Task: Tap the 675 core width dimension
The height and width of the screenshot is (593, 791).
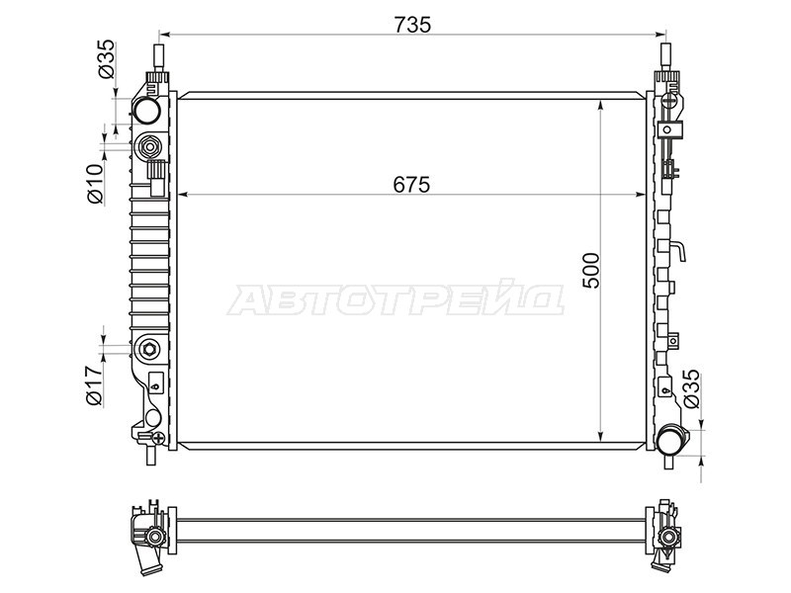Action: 411,185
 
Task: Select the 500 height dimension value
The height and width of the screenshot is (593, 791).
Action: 590,270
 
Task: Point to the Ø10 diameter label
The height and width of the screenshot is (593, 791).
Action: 95,183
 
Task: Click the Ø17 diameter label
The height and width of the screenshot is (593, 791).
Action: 95,385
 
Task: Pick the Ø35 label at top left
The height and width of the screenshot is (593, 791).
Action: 107,59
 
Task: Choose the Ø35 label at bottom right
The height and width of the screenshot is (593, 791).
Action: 691,388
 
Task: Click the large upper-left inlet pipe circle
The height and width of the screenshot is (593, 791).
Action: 146,111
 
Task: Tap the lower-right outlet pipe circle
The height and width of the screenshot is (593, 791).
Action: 670,439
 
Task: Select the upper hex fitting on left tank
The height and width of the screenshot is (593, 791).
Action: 150,146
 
